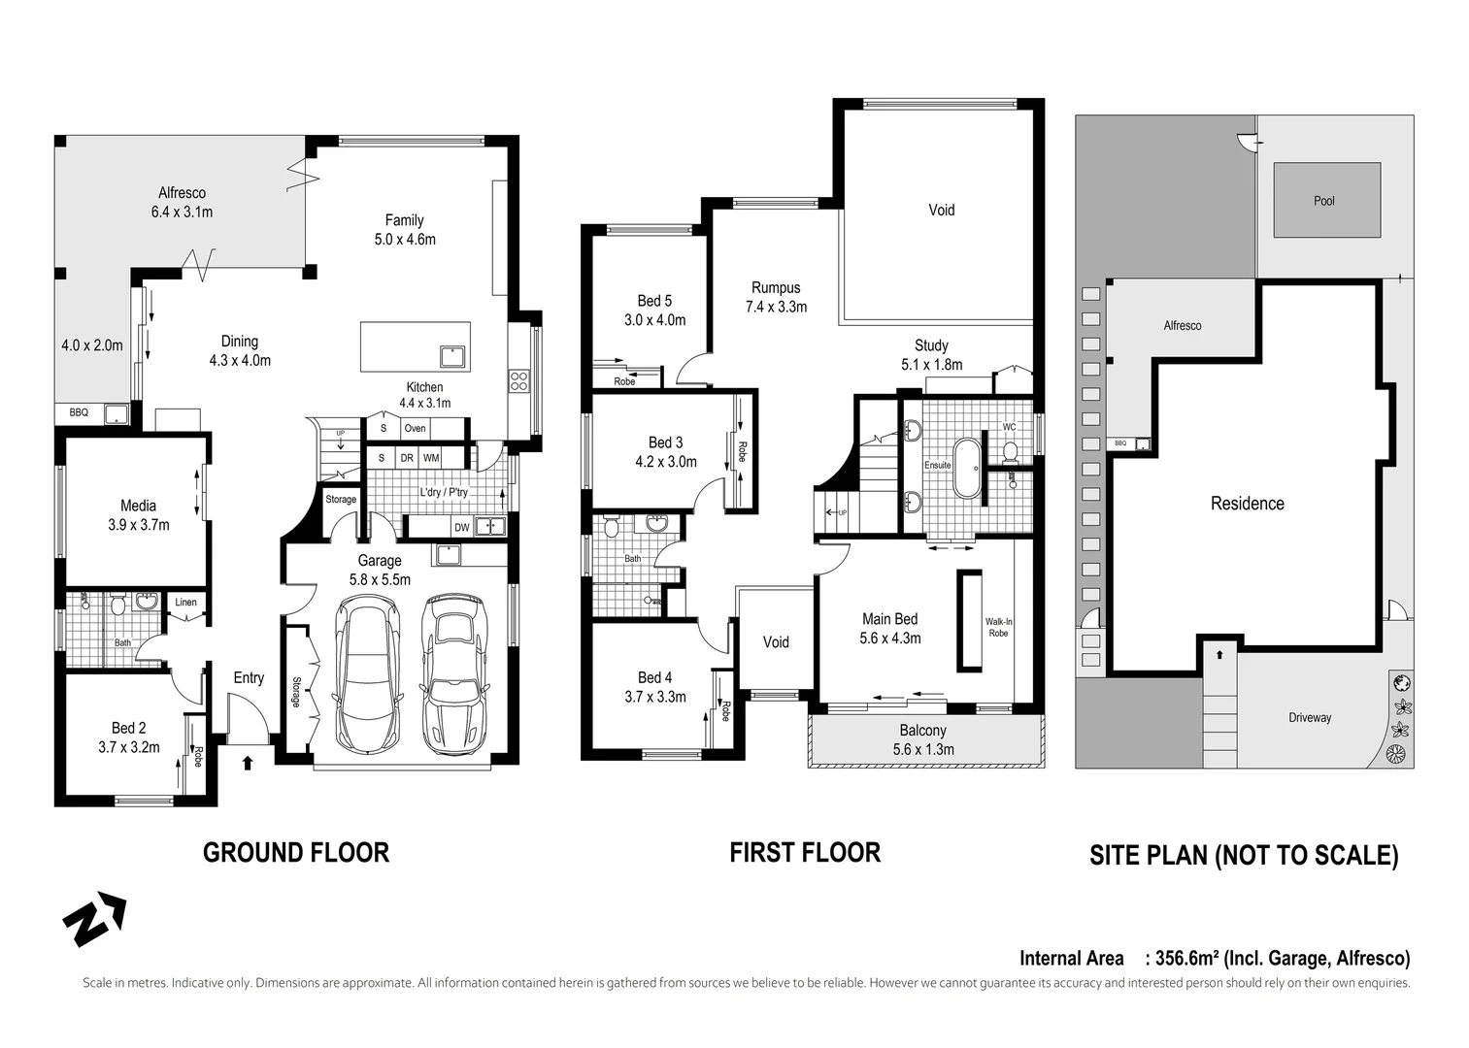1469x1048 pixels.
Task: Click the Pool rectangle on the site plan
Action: (x=1326, y=200)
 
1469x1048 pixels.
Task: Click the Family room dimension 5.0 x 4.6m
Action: (x=405, y=239)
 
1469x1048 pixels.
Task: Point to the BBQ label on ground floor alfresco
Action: (x=79, y=412)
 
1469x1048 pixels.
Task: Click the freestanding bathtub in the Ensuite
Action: (x=968, y=469)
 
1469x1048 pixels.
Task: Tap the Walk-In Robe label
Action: (x=998, y=627)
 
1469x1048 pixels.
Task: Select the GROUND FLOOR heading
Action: (x=296, y=853)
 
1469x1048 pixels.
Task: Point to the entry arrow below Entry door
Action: (x=247, y=763)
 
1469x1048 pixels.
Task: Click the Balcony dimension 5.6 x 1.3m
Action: (x=923, y=749)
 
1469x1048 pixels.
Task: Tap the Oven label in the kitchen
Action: (x=415, y=428)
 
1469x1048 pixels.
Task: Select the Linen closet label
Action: (x=185, y=603)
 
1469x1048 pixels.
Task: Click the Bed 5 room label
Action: (x=654, y=301)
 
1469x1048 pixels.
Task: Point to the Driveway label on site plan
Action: (x=1310, y=718)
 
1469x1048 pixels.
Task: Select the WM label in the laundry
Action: (x=431, y=458)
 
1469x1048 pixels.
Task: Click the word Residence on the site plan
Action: (x=1247, y=504)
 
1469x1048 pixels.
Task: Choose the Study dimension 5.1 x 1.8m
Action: (x=932, y=365)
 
